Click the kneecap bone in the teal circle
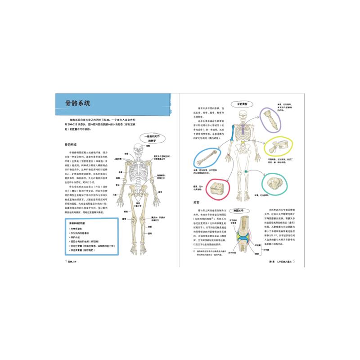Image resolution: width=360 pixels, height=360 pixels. pos(273,182)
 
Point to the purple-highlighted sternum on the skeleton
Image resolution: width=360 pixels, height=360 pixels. pos(244,130)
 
